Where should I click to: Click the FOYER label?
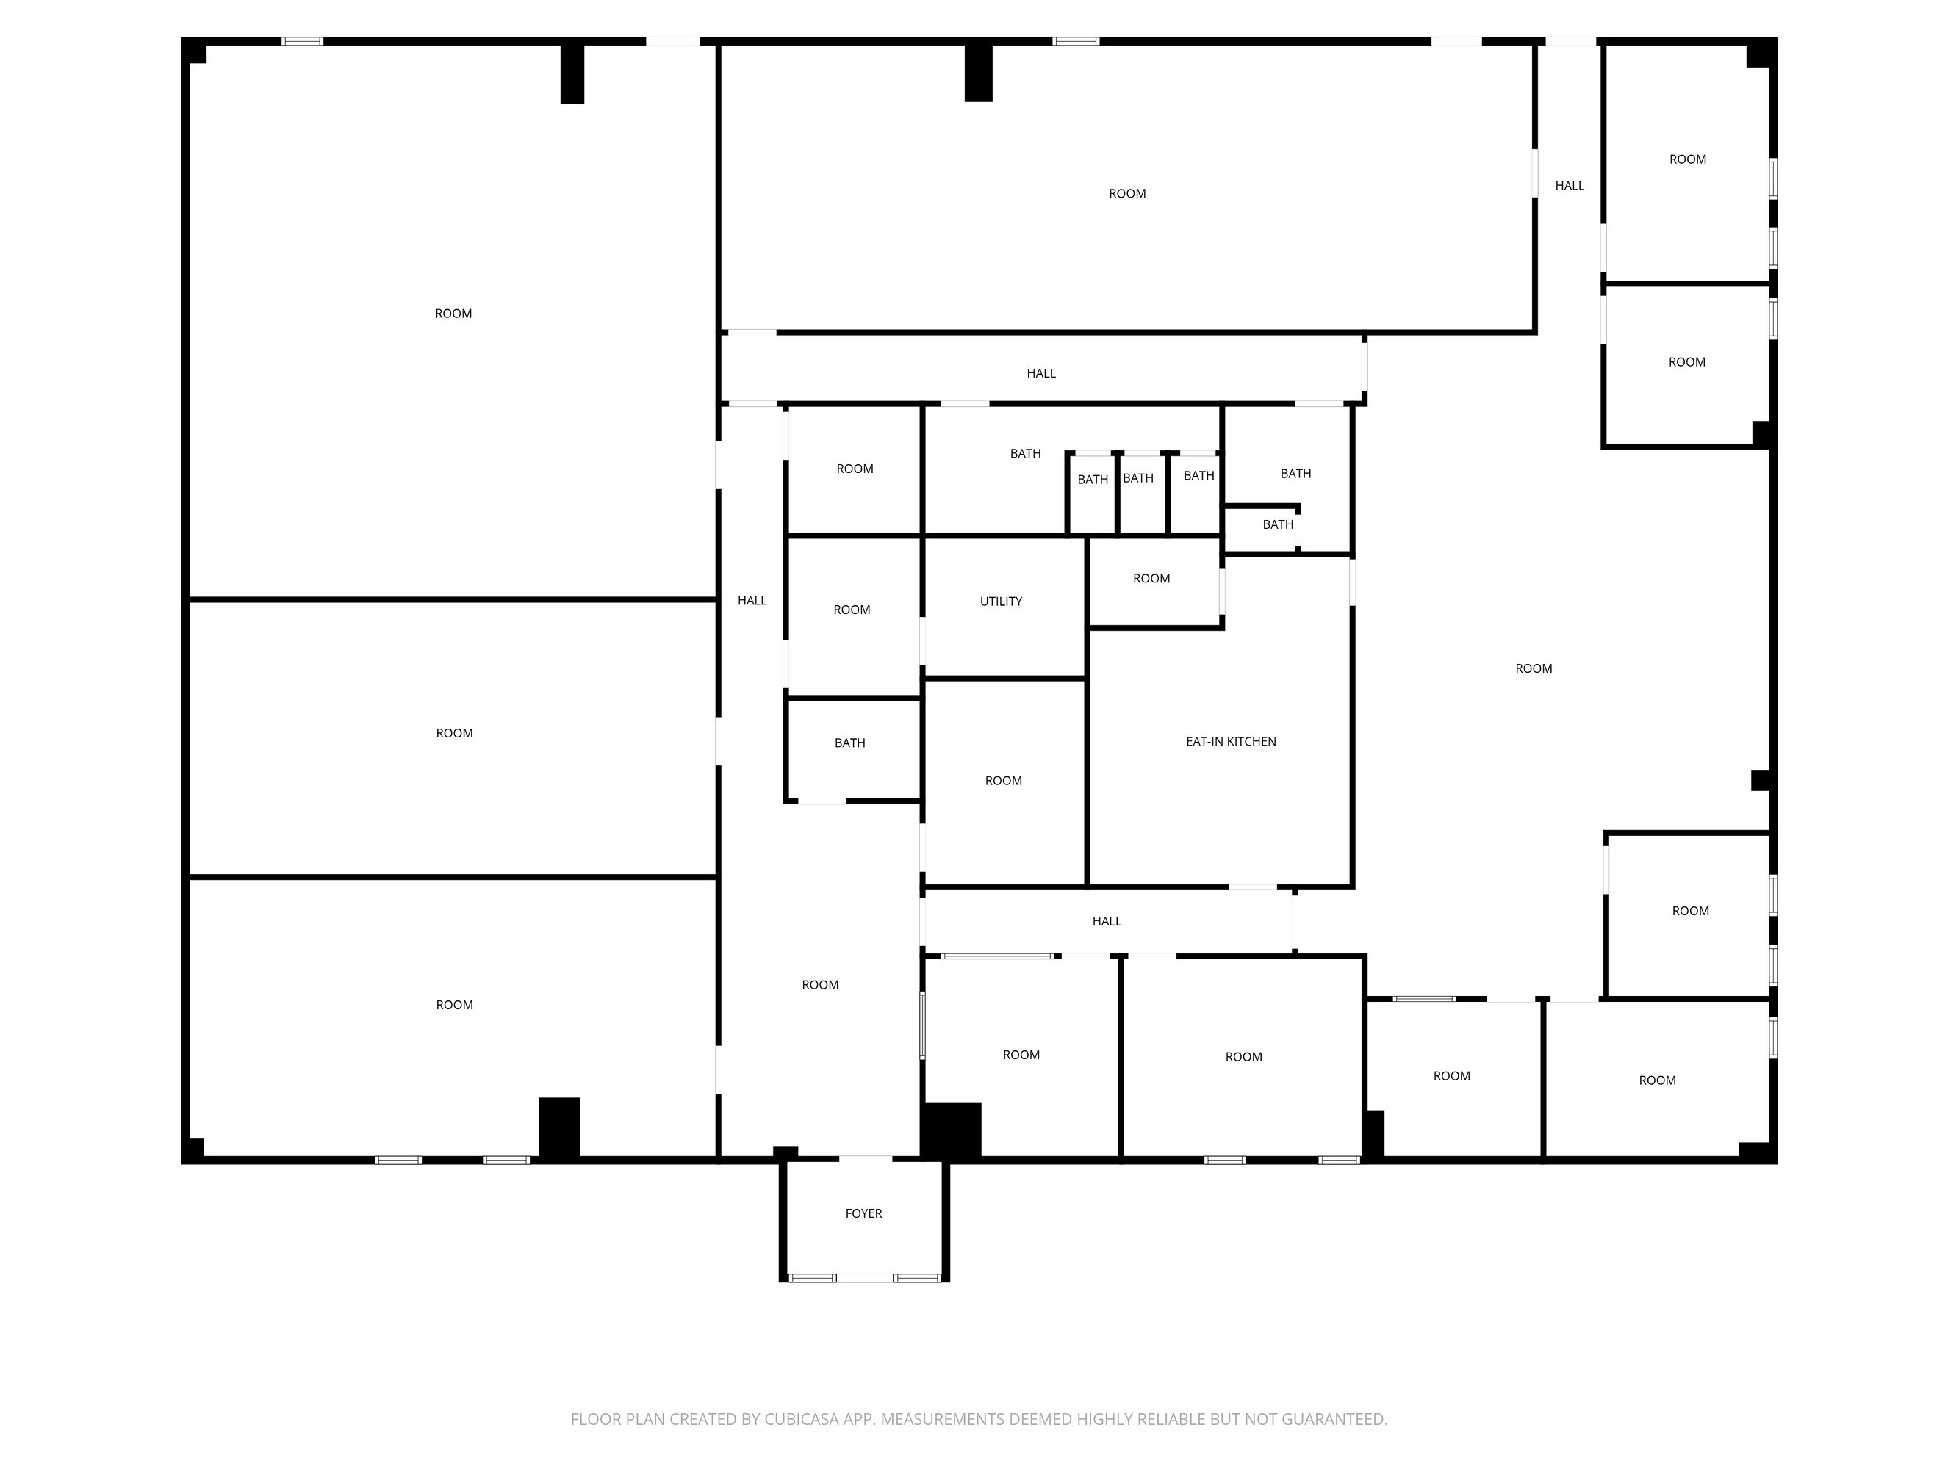(863, 1213)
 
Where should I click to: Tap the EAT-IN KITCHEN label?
(1231, 741)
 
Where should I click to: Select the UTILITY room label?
(1001, 602)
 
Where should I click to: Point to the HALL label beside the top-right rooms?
(1570, 186)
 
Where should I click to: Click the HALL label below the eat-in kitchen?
(1107, 921)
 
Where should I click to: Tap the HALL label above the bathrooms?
(1041, 373)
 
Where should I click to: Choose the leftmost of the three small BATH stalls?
(1093, 479)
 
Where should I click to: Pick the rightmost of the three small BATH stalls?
(1199, 475)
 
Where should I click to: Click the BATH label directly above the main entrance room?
(850, 743)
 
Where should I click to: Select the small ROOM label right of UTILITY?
(1151, 578)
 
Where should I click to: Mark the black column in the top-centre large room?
(979, 73)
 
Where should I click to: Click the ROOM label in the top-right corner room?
(1688, 159)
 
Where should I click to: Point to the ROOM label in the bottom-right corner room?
(1657, 1080)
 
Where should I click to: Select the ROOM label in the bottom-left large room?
(454, 1005)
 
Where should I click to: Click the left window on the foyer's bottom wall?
(812, 1278)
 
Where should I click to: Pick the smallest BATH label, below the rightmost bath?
(1278, 524)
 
